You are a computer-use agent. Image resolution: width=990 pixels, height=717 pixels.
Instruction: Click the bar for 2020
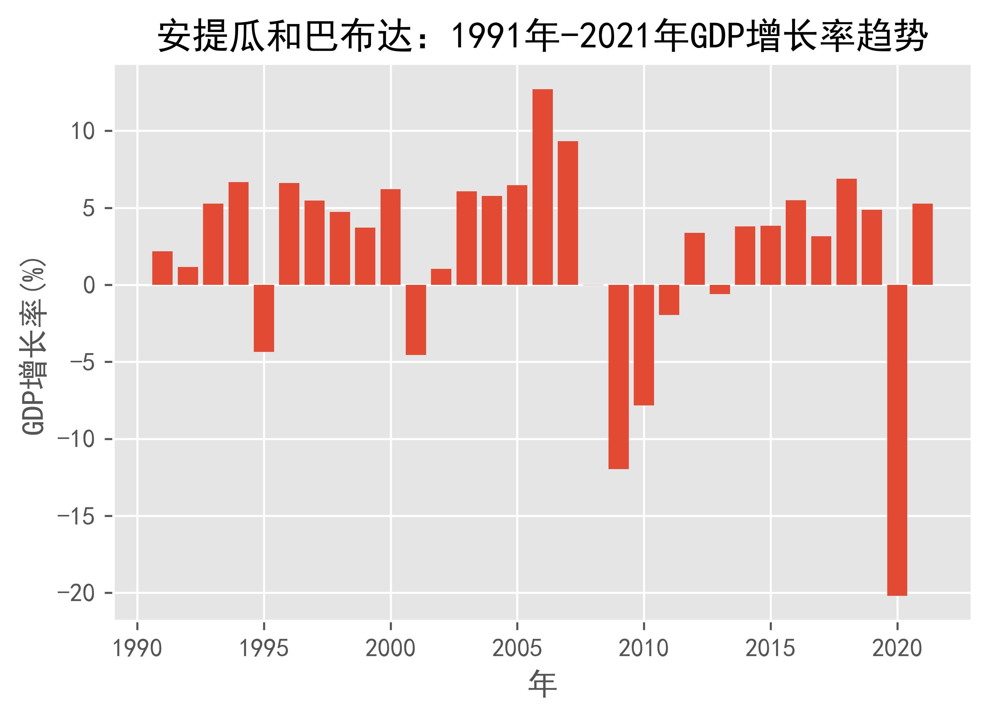click(x=897, y=440)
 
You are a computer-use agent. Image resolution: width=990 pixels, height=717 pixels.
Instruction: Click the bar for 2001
click(x=416, y=320)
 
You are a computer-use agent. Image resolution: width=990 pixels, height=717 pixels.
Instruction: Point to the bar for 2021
click(x=922, y=244)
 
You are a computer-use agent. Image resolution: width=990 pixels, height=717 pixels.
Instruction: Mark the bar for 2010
click(x=644, y=345)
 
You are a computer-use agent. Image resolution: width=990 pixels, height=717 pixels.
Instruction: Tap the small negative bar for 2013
click(x=720, y=289)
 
